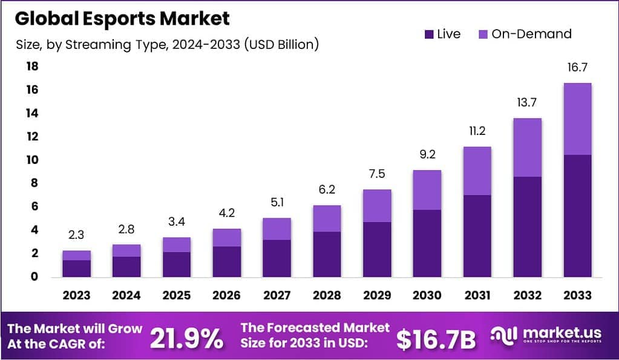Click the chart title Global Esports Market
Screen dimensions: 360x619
pos(122,18)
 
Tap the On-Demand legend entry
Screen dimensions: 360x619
pos(524,34)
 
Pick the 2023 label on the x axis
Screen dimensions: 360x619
pos(76,295)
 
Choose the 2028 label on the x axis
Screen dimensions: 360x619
pos(326,295)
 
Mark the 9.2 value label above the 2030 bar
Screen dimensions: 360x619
pos(427,154)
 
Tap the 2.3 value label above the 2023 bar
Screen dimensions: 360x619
pos(76,235)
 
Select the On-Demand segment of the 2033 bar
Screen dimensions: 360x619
pos(577,119)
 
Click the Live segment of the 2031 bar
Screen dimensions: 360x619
pos(477,236)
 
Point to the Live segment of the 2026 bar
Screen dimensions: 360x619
pos(226,261)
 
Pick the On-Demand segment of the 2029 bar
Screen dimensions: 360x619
pos(376,206)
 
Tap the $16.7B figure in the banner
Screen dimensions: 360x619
pos(436,339)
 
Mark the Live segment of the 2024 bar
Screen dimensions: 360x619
pos(126,266)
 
